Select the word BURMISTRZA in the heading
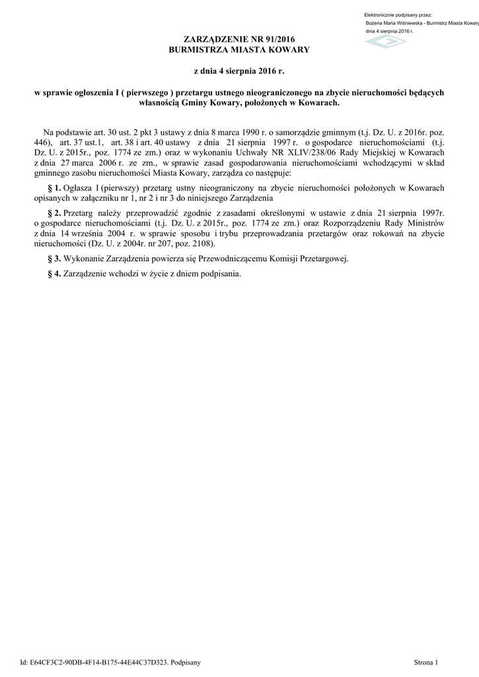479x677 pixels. point(200,50)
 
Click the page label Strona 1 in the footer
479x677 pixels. point(425,662)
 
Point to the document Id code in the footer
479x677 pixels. point(98,662)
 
